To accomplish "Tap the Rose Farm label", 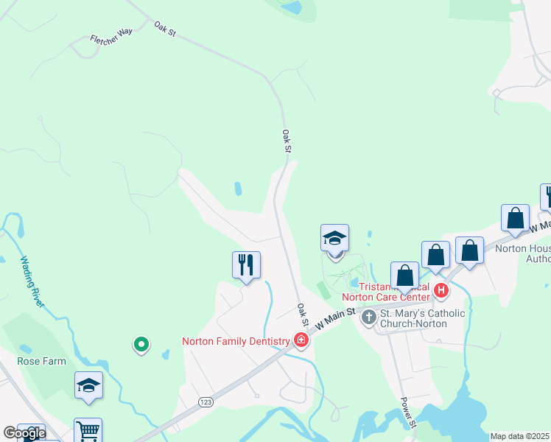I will [x=41, y=361].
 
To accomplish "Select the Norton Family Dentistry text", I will [x=236, y=341].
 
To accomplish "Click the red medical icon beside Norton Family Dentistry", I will [x=300, y=340].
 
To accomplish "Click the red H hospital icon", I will [x=441, y=290].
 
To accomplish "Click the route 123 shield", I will [x=206, y=401].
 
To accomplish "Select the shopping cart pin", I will [x=88, y=430].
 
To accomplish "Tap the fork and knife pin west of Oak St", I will [x=246, y=264].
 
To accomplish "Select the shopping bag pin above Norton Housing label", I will [x=515, y=217].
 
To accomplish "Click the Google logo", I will [x=24, y=433].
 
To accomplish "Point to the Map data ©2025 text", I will [x=519, y=436].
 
